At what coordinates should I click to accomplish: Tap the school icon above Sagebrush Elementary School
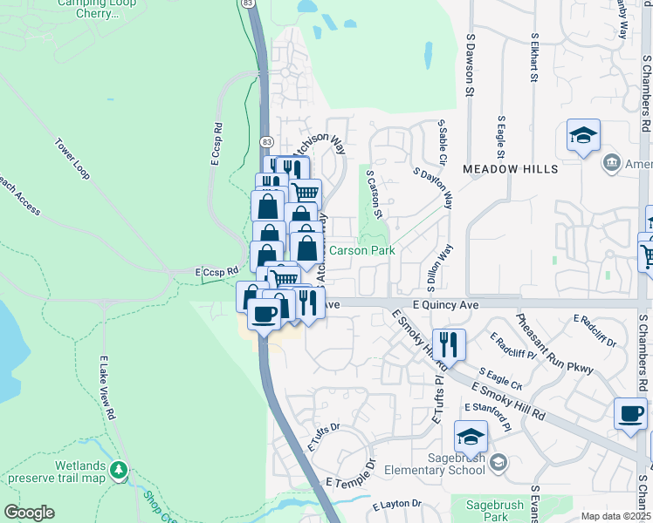coord(471,436)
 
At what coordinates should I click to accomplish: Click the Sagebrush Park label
coord(483,510)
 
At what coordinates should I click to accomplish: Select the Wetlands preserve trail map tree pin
coord(119,471)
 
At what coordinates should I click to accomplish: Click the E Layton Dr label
coord(396,505)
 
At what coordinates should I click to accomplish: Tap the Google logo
coord(29,512)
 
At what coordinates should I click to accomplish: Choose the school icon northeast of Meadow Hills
coord(583,136)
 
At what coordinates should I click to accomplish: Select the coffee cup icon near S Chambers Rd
coord(630,415)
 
